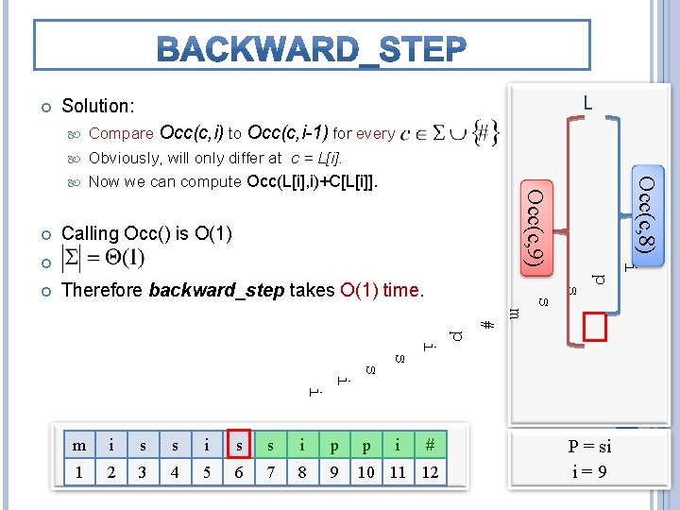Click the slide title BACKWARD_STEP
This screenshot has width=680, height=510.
pos(312,48)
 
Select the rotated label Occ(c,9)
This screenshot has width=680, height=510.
pos(535,227)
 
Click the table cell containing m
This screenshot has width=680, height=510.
pos(78,445)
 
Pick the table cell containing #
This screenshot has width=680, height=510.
pos(430,445)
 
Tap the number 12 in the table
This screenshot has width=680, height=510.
pos(430,472)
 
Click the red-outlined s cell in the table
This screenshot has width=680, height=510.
pos(238,445)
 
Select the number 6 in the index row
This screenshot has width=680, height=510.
pos(238,472)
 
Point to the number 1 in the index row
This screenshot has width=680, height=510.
pos(78,472)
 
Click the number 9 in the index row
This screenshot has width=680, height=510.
pos(333,472)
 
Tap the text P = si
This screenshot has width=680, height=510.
pos(589,447)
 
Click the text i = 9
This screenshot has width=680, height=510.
pos(589,472)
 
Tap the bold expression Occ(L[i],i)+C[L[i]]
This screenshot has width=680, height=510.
pos(313,181)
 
